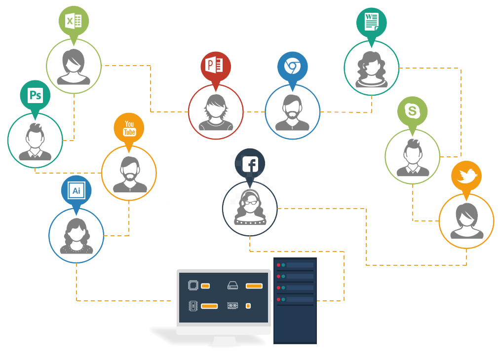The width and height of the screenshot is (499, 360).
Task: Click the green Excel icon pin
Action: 74,21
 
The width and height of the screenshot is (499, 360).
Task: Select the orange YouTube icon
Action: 129,128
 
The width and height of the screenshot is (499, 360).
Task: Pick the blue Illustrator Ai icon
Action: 77,190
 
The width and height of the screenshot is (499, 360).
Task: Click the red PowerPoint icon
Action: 216,66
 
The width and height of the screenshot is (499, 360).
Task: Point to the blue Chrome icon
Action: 292,66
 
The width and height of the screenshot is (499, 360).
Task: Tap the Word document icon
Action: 371,22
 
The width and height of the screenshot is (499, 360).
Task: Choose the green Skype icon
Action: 412,111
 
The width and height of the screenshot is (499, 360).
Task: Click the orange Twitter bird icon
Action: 466,176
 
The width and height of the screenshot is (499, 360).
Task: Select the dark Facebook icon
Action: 250,164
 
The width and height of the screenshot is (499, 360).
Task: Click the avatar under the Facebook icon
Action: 250,209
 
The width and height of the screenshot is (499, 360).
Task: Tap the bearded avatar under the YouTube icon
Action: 129,173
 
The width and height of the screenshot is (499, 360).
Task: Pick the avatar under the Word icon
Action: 371,68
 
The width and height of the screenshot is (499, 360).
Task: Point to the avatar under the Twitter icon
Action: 466,220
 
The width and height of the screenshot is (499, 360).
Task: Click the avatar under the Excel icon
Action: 74,66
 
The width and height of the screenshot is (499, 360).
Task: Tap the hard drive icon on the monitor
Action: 233,286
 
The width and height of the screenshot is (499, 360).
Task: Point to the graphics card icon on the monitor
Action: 233,306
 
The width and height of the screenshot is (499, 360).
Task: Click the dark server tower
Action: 295,301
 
